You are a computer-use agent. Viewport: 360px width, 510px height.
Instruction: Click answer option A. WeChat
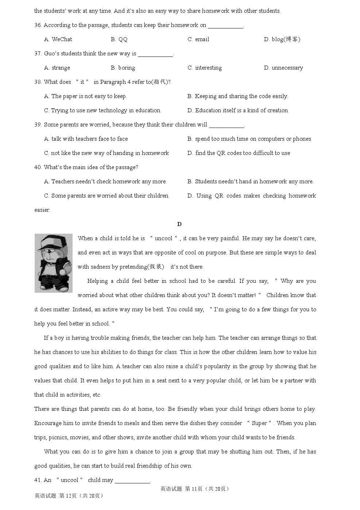(x=58, y=39)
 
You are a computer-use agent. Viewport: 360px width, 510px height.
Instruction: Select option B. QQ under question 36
(x=119, y=39)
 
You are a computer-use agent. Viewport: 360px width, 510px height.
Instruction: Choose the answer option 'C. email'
(x=198, y=39)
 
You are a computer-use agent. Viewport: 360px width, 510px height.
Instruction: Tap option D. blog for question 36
(x=282, y=39)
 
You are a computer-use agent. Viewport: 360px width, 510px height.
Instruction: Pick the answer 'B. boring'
(x=123, y=68)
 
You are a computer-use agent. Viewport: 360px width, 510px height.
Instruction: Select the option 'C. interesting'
(x=205, y=68)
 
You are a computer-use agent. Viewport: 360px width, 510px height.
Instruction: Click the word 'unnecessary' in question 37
(x=287, y=68)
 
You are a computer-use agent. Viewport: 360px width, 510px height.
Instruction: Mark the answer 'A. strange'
(x=57, y=68)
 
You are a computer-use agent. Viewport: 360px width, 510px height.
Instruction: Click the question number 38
(x=38, y=82)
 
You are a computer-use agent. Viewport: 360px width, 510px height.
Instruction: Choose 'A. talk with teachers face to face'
(x=86, y=139)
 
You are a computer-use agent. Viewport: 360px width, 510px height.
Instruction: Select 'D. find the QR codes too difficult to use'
(x=239, y=153)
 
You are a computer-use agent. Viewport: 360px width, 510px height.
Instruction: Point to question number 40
(x=38, y=167)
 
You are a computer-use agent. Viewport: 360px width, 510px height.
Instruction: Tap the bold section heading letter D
(x=179, y=224)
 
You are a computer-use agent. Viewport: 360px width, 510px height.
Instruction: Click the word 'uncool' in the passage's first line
(x=163, y=238)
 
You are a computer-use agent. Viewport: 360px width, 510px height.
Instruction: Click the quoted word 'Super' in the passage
(x=259, y=423)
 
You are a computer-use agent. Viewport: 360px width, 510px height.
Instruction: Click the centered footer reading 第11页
(x=194, y=489)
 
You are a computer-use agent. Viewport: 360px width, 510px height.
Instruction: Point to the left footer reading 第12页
(x=69, y=496)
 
